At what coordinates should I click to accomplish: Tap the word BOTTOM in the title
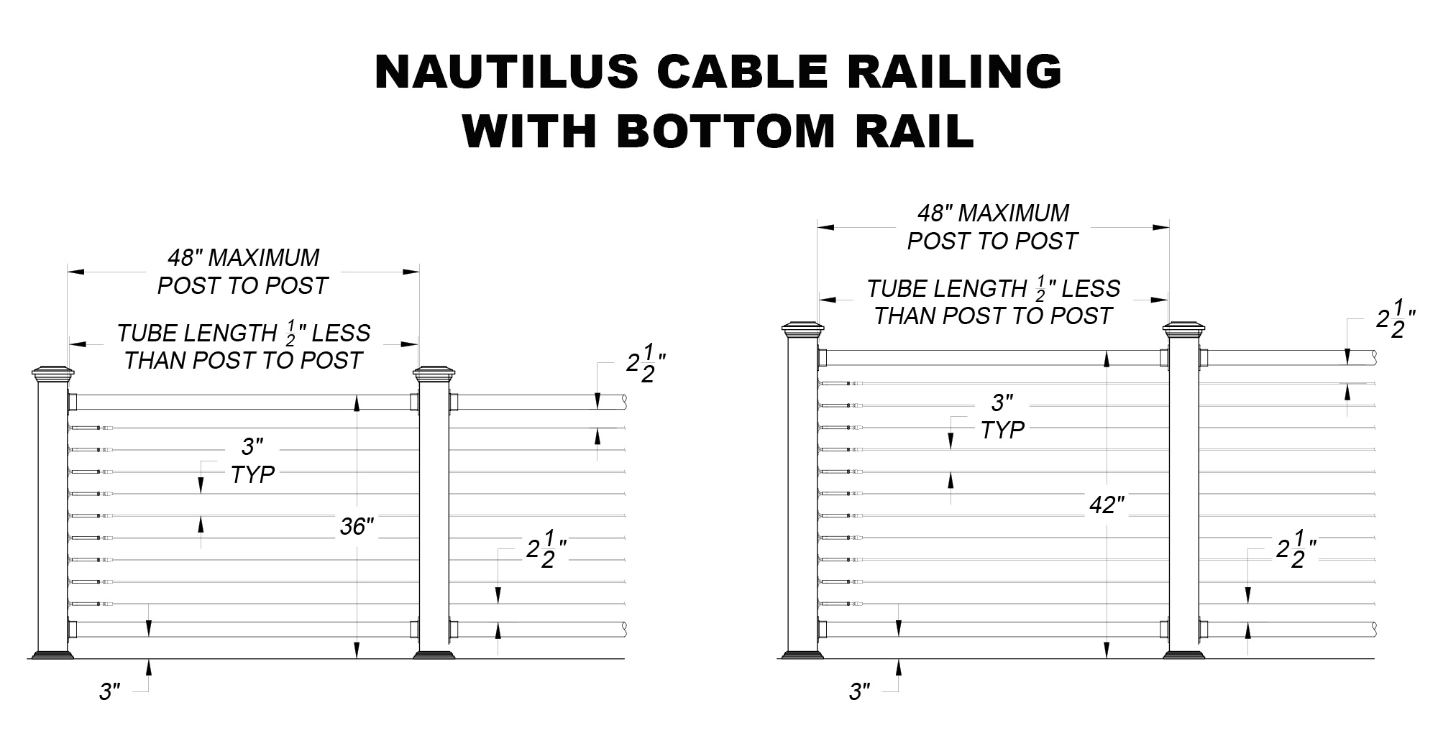point(726,131)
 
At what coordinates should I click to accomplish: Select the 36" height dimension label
point(357,527)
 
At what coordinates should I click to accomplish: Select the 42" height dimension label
point(1107,505)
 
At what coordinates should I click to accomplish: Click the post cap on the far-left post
point(53,374)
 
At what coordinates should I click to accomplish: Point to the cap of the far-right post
point(1183,331)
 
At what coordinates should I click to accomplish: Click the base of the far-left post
point(53,655)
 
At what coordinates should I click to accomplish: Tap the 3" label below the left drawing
point(109,692)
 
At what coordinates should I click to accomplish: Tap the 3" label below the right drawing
point(859,692)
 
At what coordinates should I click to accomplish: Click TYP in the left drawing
point(252,474)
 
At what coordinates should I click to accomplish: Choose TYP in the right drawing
point(1002,431)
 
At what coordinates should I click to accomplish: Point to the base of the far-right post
point(1183,655)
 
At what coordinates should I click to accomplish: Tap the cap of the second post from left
point(434,374)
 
